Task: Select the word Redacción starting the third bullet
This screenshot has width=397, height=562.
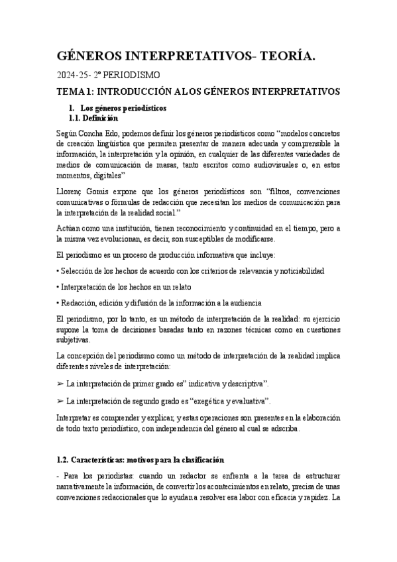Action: click(80, 302)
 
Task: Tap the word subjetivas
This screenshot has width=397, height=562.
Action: click(72, 339)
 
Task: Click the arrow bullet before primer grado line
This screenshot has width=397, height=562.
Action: click(60, 384)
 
